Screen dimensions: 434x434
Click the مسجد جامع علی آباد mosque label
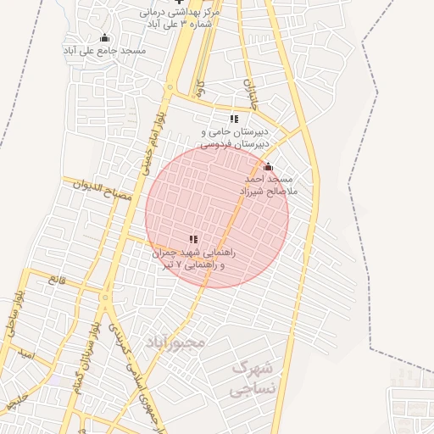coord(104,51)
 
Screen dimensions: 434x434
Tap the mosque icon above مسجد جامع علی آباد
coord(104,37)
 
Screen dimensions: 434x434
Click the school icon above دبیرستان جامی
coord(234,120)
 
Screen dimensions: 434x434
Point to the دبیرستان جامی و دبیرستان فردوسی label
coord(234,139)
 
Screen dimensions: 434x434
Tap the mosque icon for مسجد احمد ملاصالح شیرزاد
coord(269,167)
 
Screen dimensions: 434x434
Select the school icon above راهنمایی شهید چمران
coord(193,240)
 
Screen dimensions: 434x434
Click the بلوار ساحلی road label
coord(16,309)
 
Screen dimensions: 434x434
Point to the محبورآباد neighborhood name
coord(175,342)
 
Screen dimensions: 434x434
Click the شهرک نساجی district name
coord(252,379)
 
